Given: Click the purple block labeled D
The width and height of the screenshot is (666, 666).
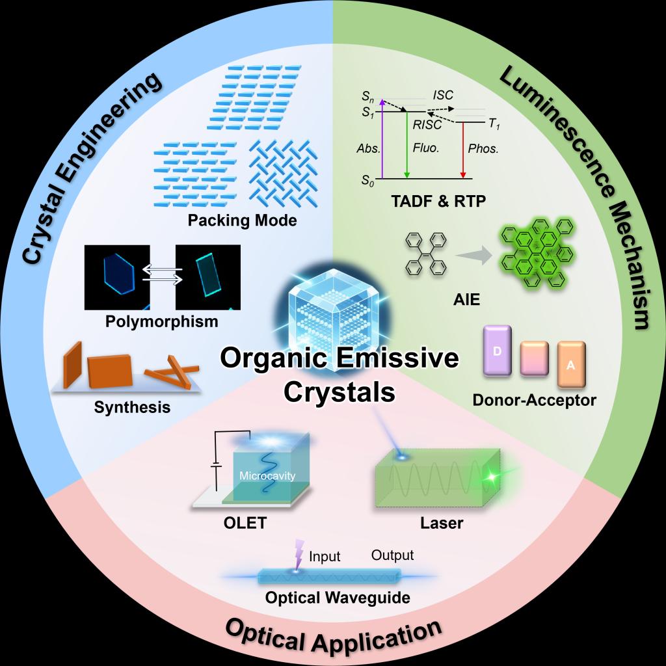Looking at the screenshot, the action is [498, 351].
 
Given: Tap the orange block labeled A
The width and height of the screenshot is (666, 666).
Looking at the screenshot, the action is [571, 364].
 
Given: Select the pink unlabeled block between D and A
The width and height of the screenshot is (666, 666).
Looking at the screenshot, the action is [535, 359].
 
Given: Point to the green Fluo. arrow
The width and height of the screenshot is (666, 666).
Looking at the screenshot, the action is [407, 145].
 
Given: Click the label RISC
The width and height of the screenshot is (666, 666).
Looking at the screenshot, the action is [427, 124].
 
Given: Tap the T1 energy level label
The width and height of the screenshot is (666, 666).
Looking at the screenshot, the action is [494, 124].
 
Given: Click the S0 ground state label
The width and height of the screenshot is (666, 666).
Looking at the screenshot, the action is [368, 181].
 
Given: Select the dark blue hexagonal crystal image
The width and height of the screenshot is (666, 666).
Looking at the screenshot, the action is [117, 277].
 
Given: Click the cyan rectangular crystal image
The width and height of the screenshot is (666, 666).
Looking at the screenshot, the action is [208, 277].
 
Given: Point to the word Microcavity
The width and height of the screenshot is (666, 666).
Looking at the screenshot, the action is [267, 475].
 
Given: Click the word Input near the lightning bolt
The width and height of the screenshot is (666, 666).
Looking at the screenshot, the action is [325, 557].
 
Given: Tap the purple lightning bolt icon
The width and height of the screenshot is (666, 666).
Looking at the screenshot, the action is [299, 554].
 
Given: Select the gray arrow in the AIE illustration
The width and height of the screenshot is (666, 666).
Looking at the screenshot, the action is [473, 256].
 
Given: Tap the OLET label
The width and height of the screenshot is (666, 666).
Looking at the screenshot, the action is [245, 523].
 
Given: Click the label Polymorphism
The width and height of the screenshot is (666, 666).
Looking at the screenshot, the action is [162, 321].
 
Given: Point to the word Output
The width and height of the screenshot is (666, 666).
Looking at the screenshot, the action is [392, 555].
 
